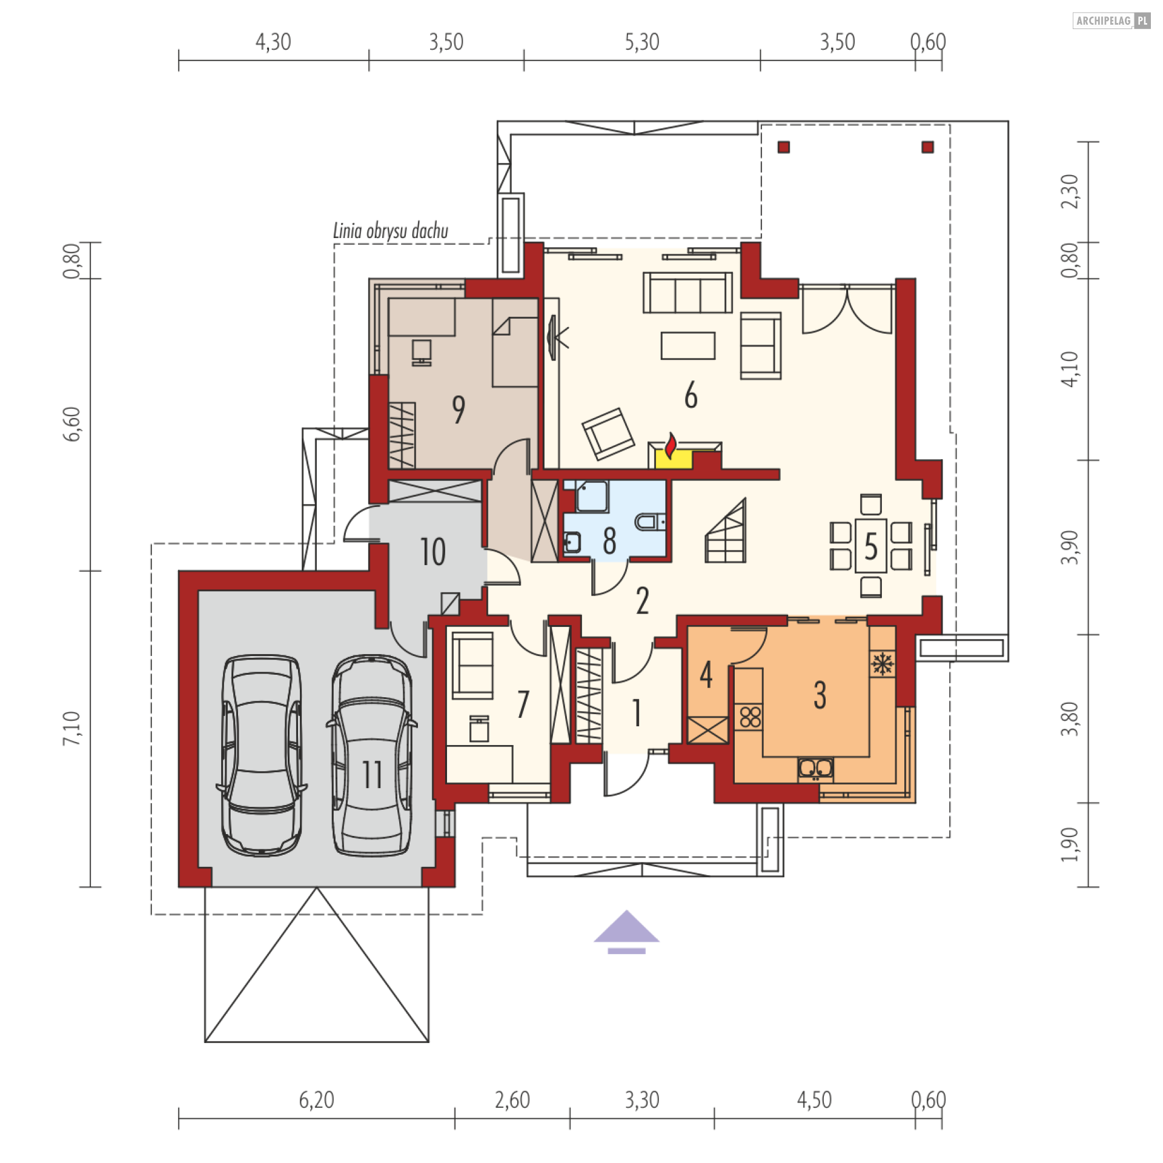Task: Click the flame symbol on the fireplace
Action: tap(670, 446)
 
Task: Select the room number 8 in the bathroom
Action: tap(609, 541)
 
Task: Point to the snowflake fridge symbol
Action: tap(883, 664)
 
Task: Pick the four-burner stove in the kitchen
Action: tap(750, 717)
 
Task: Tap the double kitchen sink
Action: tap(815, 769)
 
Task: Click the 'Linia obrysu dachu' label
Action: tap(391, 231)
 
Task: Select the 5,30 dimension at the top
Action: tap(642, 42)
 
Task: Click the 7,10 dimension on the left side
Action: tap(71, 728)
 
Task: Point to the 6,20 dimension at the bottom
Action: tap(316, 1099)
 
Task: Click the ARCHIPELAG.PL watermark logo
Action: tap(1112, 21)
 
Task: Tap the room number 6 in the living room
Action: tap(691, 396)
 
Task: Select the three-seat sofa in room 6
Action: tap(688, 293)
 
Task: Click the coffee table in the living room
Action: tap(688, 345)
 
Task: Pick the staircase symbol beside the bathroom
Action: tap(726, 531)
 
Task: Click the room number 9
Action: tap(459, 409)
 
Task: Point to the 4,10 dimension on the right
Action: tap(1070, 369)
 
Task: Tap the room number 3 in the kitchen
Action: tap(820, 695)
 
